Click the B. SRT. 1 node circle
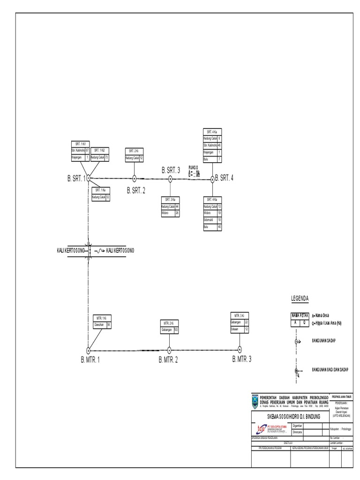[88, 178]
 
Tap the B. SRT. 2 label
[136, 190]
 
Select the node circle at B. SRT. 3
[170, 179]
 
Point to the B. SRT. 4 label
[224, 178]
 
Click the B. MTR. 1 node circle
[88, 350]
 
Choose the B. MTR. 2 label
[168, 360]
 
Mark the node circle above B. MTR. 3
[240, 349]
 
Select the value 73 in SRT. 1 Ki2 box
[106, 157]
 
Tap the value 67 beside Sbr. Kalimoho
[87, 150]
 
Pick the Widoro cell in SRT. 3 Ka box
[167, 212]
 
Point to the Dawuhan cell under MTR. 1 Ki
[99, 324]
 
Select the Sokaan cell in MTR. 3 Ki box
[236, 329]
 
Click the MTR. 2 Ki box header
[169, 323]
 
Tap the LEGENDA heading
[300, 298]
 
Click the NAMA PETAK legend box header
[300, 316]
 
